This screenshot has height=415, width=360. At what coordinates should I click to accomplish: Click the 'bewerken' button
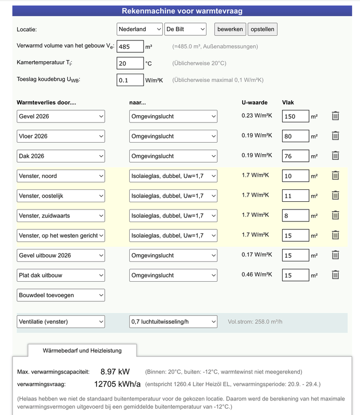(230, 30)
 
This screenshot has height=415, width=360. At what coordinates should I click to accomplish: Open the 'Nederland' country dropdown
(139, 30)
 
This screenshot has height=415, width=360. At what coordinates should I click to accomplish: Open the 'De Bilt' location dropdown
(185, 30)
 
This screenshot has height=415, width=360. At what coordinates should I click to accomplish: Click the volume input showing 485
(130, 47)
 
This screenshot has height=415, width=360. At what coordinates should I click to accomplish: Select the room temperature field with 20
(130, 63)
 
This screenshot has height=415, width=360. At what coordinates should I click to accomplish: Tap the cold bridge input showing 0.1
(130, 80)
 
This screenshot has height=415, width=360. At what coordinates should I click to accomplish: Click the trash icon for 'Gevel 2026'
(336, 116)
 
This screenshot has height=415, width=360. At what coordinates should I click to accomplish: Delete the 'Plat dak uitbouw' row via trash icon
(336, 275)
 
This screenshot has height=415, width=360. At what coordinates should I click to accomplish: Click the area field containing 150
(296, 117)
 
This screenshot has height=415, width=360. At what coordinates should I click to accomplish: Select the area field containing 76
(296, 156)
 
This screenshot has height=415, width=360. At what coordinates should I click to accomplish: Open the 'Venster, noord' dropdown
(61, 176)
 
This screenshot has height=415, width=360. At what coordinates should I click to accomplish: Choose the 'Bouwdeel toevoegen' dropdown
(61, 295)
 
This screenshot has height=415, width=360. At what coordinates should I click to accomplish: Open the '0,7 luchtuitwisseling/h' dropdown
(173, 322)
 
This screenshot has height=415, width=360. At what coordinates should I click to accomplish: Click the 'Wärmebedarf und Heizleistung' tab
(82, 351)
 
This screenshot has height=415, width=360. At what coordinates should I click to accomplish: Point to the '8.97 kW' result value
(115, 372)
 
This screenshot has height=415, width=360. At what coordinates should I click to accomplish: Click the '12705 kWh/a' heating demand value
(117, 384)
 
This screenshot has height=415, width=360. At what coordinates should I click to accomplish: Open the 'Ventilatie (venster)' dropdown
(61, 322)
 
